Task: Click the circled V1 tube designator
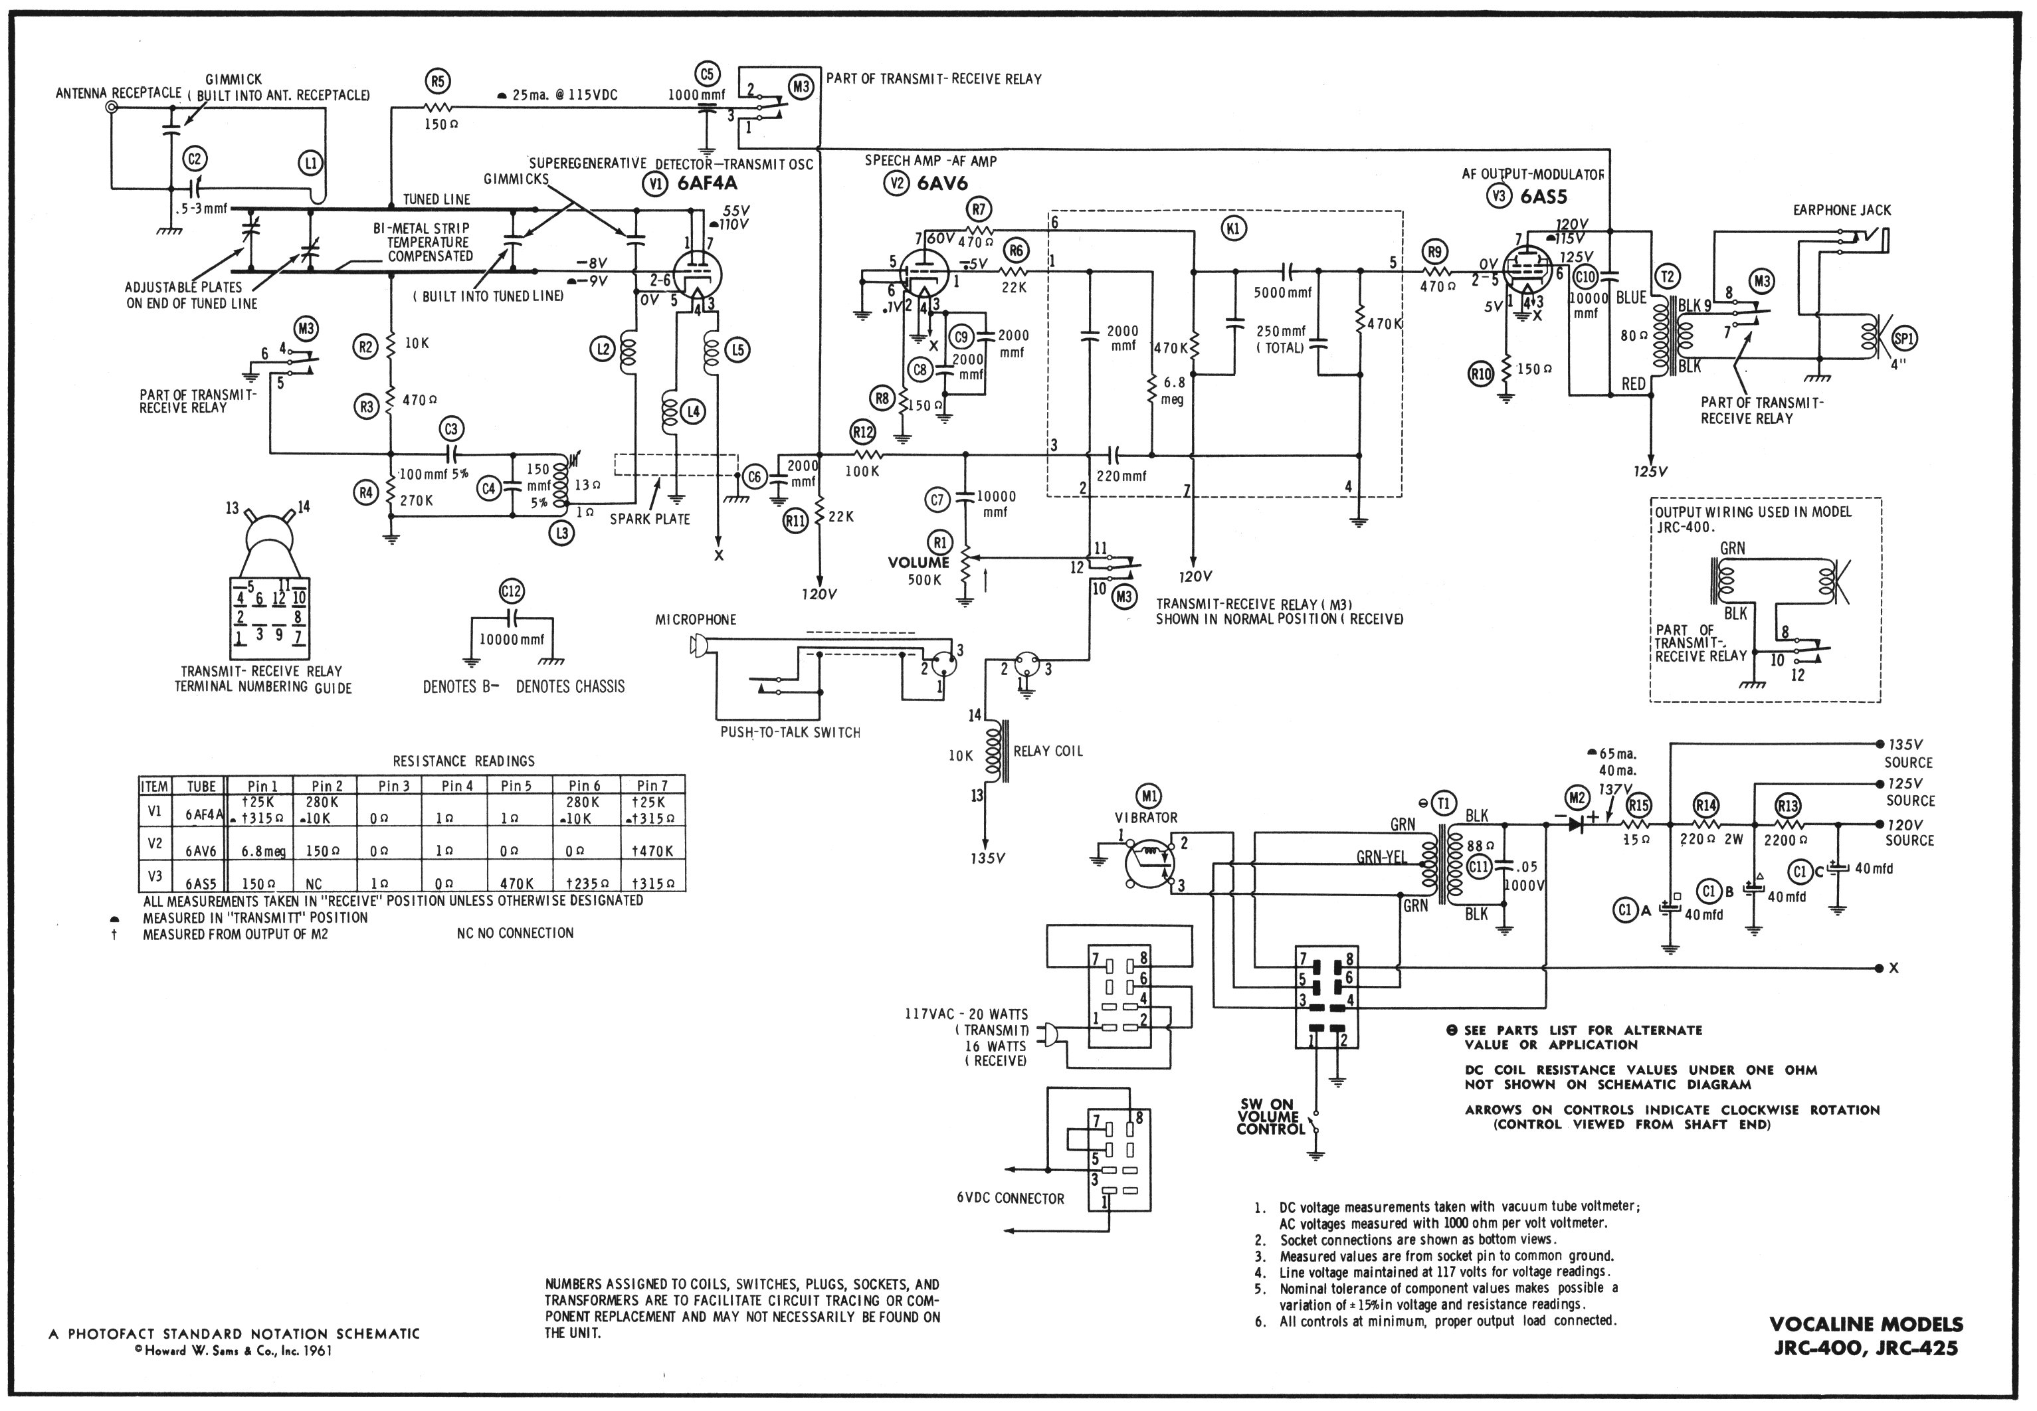pyautogui.click(x=654, y=184)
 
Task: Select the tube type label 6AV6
pyautogui.click(x=941, y=184)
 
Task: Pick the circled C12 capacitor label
pyautogui.click(x=511, y=591)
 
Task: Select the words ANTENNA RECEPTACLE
pyautogui.click(x=118, y=93)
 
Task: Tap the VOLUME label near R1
pyautogui.click(x=919, y=562)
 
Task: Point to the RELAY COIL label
pyautogui.click(x=1048, y=751)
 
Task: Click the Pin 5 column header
pyautogui.click(x=516, y=785)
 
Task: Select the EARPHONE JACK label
pyautogui.click(x=1842, y=211)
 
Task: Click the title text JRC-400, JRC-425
pyautogui.click(x=1866, y=1349)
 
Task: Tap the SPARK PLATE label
pyautogui.click(x=650, y=519)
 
